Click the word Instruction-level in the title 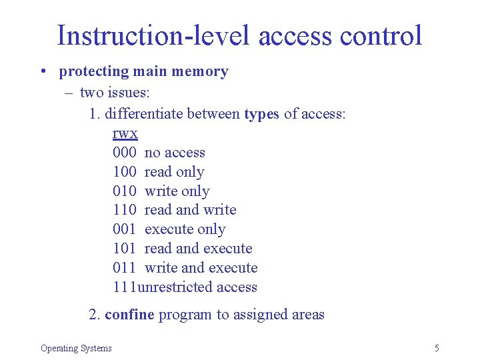[x=154, y=35]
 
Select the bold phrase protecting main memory [x=143, y=71]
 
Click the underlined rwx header [x=125, y=133]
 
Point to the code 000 [x=125, y=153]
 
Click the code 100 [x=125, y=172]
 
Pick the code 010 [x=125, y=191]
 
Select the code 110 [x=125, y=210]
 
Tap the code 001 [x=125, y=229]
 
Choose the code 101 [x=125, y=249]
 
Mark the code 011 [x=125, y=268]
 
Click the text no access [x=175, y=153]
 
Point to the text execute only [x=185, y=229]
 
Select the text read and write [x=190, y=210]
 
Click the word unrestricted [x=170, y=287]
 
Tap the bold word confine [x=129, y=315]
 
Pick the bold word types [x=261, y=114]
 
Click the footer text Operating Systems [x=76, y=348]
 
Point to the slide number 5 [x=437, y=348]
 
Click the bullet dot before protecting [x=42, y=72]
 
